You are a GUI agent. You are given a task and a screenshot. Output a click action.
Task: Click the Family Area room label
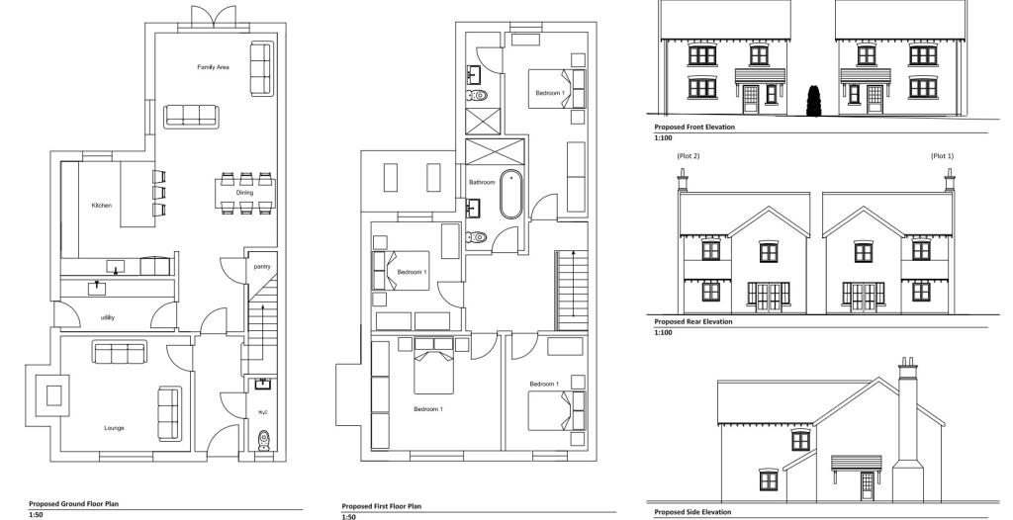[x=214, y=67]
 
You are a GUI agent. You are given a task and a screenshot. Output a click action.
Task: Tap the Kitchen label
[x=102, y=206]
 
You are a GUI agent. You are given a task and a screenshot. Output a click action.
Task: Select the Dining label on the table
[x=245, y=193]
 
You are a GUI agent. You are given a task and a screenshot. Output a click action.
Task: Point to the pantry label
[x=261, y=266]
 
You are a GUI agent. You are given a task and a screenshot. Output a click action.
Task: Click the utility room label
[x=108, y=317]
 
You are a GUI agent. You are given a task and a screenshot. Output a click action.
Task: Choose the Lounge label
[x=115, y=428]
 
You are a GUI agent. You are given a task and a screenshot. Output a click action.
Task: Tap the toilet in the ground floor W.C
[x=263, y=440]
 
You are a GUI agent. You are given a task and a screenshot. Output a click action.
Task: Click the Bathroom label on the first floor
[x=482, y=182]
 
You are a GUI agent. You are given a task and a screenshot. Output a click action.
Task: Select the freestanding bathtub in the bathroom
[x=511, y=194]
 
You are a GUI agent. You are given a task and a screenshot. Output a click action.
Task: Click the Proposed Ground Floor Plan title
[x=73, y=504]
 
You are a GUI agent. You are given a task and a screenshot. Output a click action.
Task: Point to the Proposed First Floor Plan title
[x=381, y=506]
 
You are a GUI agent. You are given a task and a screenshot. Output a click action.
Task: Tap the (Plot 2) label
[x=689, y=155]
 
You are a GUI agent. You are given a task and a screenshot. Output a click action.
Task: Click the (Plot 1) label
[x=942, y=155]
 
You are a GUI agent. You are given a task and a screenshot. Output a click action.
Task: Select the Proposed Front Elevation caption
[x=694, y=128]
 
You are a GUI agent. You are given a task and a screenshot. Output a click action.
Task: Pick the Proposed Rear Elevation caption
[x=693, y=321]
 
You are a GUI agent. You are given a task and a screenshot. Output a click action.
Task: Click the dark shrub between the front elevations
[x=813, y=101]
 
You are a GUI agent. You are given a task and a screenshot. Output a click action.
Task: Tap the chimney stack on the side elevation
[x=908, y=430]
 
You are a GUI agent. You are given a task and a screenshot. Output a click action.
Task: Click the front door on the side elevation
[x=867, y=485]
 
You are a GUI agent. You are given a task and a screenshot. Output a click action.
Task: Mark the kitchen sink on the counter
[x=116, y=266]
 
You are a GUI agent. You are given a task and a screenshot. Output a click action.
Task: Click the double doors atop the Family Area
[x=214, y=17]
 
